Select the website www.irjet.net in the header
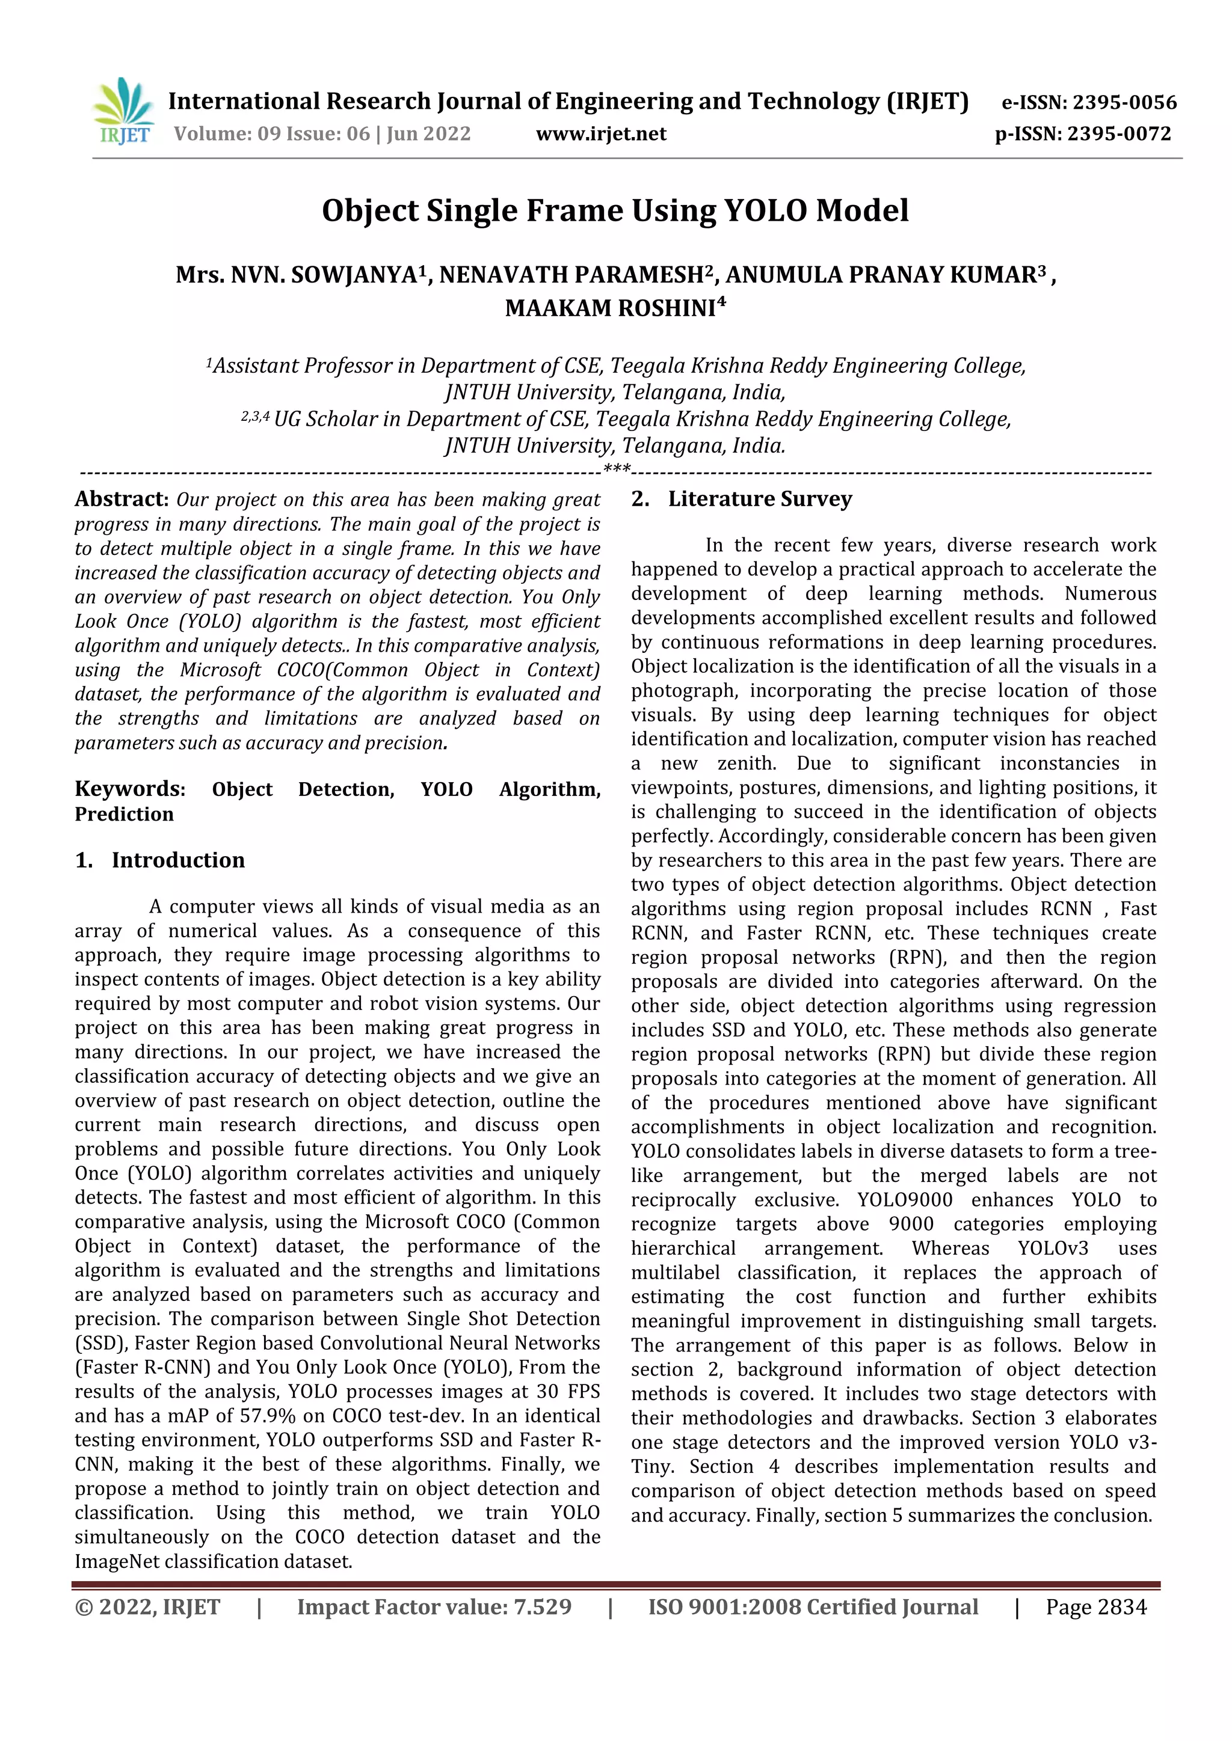pyautogui.click(x=601, y=134)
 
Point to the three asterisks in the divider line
pyautogui.click(x=617, y=470)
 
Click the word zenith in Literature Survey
pyautogui.click(x=747, y=763)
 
